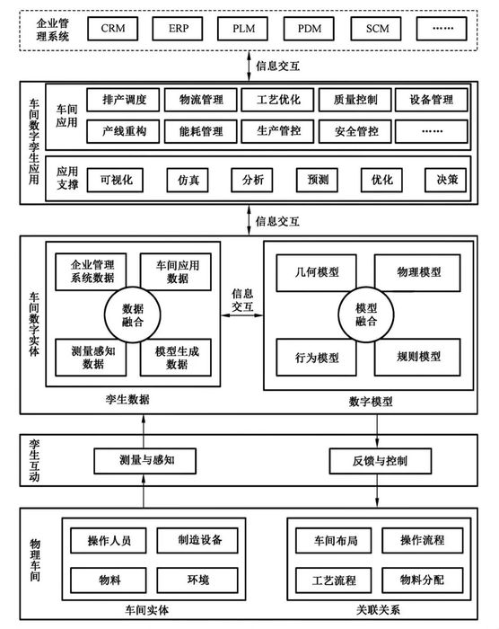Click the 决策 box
tap(446, 179)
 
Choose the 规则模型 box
tap(418, 356)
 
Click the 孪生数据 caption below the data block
tap(136, 398)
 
